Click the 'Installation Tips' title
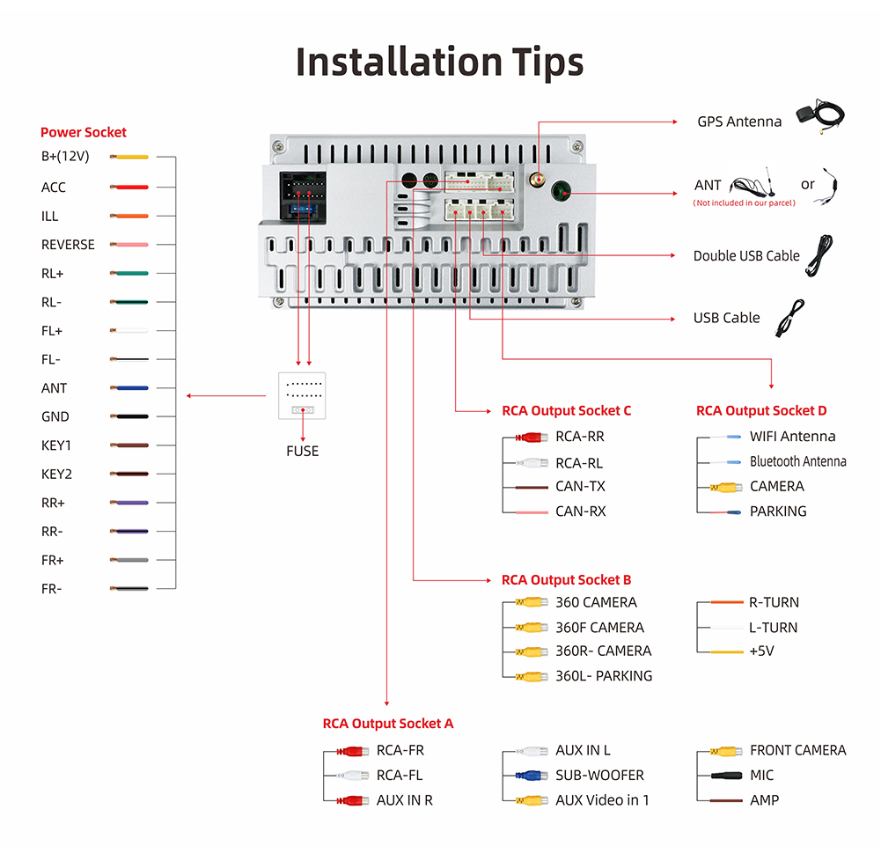click(439, 62)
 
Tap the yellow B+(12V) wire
click(129, 157)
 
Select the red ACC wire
click(129, 188)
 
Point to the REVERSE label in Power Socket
click(68, 245)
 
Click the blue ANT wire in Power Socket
click(129, 388)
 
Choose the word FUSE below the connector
click(302, 452)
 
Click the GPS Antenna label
click(739, 121)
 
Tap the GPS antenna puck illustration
click(811, 114)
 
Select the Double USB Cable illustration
click(819, 255)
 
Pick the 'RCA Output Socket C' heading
click(566, 411)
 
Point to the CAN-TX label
click(580, 487)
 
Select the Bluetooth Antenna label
click(797, 461)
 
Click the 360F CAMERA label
click(599, 628)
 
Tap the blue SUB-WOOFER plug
click(532, 776)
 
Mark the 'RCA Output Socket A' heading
click(387, 724)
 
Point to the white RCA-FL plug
click(353, 776)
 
